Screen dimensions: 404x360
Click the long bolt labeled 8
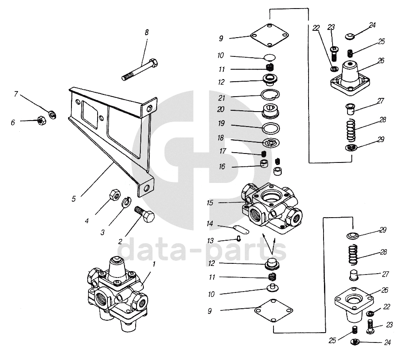[140, 70]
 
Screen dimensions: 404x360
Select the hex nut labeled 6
[41, 120]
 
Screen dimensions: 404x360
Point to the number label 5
[74, 199]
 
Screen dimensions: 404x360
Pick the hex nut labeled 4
[114, 195]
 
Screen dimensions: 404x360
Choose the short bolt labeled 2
[144, 214]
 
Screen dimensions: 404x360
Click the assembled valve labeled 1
[117, 293]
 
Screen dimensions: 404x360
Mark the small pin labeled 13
[238, 239]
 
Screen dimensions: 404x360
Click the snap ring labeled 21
[270, 94]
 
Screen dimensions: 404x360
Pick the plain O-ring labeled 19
[271, 128]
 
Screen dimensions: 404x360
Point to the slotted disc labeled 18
[271, 142]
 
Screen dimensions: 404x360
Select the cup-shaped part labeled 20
[270, 111]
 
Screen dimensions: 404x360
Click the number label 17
[223, 151]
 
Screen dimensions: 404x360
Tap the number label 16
[222, 167]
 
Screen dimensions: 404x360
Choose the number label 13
[210, 241]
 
